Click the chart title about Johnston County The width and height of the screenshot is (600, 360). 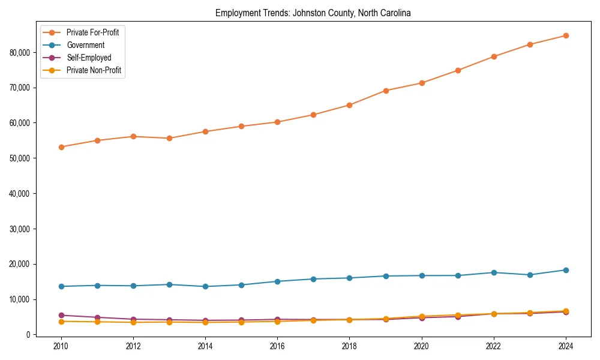point(313,13)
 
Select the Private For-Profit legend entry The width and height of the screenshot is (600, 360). point(92,32)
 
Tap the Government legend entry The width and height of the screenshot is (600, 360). point(85,45)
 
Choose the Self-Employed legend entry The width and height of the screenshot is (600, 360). point(88,58)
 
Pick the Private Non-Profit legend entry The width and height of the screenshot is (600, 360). point(94,70)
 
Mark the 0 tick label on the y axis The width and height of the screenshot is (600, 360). point(26,335)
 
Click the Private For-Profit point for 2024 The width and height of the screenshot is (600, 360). point(566,35)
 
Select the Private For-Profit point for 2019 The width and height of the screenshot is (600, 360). point(386,91)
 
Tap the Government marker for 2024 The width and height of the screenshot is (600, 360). point(566,270)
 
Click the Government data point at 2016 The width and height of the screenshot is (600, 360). point(277,281)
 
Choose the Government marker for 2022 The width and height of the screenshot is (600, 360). point(494,272)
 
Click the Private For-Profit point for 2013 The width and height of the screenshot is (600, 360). point(169,138)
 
